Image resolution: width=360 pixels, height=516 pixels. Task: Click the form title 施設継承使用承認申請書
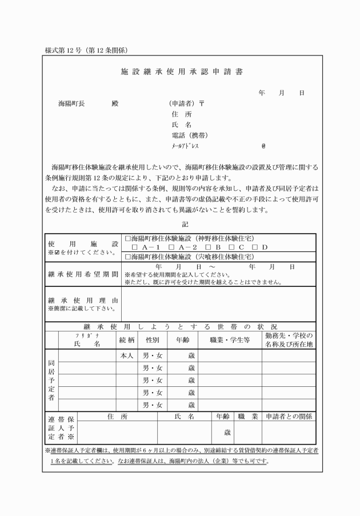pos(180,73)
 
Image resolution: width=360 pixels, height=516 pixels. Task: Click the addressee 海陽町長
pos(71,104)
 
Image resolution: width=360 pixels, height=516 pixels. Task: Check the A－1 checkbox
pos(135,247)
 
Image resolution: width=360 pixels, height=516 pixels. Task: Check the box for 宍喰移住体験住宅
pos(128,257)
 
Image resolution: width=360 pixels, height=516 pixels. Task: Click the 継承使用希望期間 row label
pos(83,273)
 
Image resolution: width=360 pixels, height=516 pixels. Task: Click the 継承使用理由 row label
pos(83,299)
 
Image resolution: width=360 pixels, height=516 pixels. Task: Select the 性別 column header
pos(152,341)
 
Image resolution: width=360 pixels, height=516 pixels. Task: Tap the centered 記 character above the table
pos(185,225)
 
